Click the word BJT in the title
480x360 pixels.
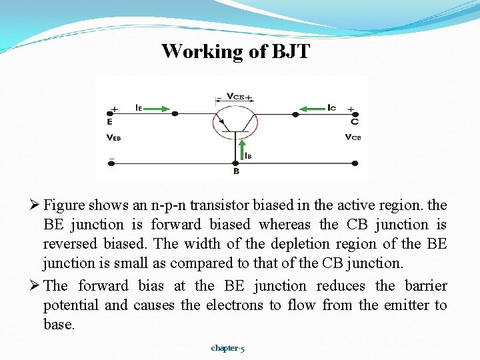coord(291,51)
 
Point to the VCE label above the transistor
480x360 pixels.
coord(235,97)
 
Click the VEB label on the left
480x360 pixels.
coord(113,137)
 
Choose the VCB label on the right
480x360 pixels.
coord(353,137)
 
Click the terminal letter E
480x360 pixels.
coord(110,122)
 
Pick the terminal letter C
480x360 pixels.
coord(354,122)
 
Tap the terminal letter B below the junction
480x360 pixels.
coord(236,171)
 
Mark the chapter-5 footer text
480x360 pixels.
coord(227,348)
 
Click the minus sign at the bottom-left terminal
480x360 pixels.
coord(111,160)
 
